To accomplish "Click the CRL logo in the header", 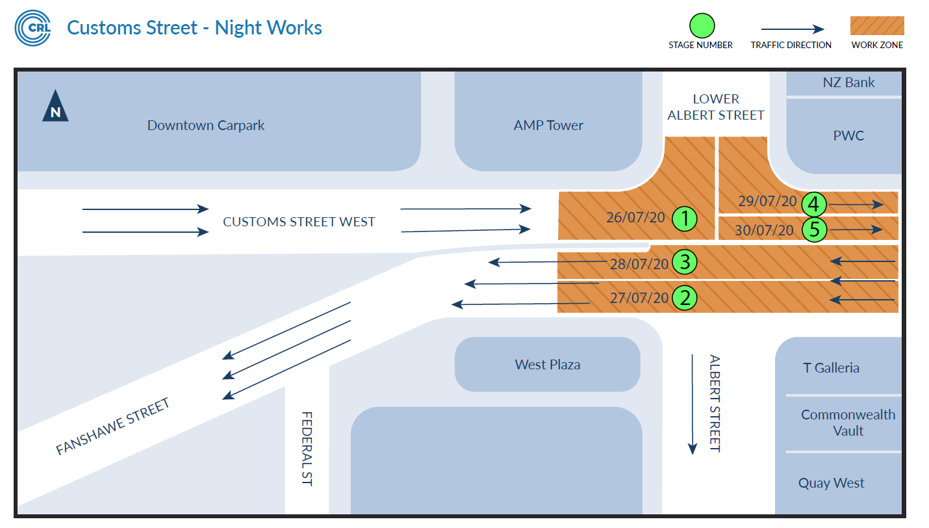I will tap(32, 28).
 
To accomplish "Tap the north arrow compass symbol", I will tap(55, 107).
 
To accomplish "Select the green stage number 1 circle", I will tap(684, 218).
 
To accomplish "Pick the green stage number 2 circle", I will tap(685, 298).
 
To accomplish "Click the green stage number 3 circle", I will tap(685, 263).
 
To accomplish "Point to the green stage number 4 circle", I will tap(814, 204).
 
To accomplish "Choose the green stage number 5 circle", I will tap(814, 230).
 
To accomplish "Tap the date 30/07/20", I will tap(764, 230).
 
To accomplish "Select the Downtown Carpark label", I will tap(206, 125).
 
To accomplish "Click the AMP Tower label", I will tap(548, 125).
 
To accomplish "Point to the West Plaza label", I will tap(547, 365).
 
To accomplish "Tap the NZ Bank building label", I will tap(848, 83).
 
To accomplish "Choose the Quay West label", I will tap(831, 483).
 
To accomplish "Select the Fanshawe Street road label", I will tap(112, 427).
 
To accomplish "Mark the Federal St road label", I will tap(307, 449).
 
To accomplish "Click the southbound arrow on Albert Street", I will tap(693, 403).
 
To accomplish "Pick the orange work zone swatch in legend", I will tap(877, 26).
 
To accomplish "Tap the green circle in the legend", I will tap(702, 26).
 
